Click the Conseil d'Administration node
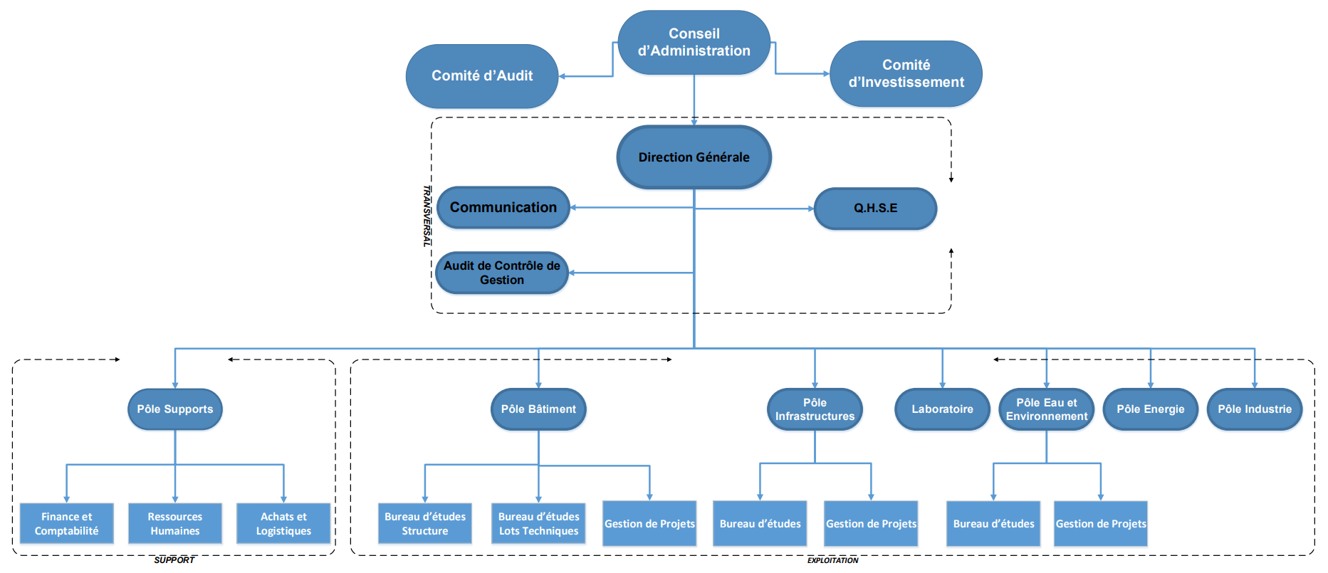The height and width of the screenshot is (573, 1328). (x=694, y=42)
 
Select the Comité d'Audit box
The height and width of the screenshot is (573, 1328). (x=482, y=76)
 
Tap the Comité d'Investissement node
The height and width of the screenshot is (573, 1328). (x=906, y=73)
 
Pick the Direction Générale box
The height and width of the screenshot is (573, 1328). (x=694, y=157)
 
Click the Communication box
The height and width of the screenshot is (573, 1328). (x=503, y=207)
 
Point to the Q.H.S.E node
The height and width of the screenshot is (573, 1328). (x=875, y=208)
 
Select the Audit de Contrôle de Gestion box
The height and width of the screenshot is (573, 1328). (x=502, y=273)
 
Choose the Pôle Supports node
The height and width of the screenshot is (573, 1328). (x=175, y=409)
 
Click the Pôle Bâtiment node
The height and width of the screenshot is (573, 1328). (x=538, y=409)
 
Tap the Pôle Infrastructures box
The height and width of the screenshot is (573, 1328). (x=815, y=409)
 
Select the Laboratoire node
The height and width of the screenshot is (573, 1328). (x=942, y=409)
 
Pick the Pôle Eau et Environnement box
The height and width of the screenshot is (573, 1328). (x=1047, y=409)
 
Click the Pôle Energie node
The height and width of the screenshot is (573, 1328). (x=1151, y=409)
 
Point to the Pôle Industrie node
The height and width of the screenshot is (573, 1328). (x=1255, y=409)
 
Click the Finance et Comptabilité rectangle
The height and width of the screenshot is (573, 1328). (x=67, y=524)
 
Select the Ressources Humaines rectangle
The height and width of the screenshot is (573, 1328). (x=175, y=524)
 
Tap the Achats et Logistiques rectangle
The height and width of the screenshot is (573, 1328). (x=283, y=524)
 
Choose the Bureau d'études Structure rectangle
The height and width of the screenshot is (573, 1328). (x=425, y=524)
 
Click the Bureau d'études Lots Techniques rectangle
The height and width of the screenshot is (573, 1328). (x=538, y=524)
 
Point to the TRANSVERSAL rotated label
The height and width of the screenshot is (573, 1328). (x=427, y=216)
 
